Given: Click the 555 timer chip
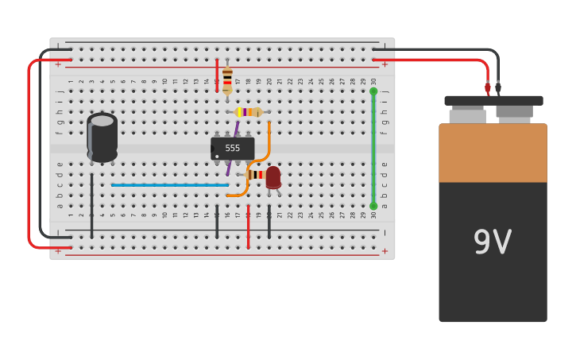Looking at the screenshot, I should tap(232, 149).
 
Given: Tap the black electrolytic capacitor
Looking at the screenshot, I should tap(102, 138).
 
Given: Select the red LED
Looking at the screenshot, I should tap(273, 177).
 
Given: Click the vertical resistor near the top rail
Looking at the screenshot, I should tap(227, 79).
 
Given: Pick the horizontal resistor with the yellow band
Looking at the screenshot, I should tap(248, 112).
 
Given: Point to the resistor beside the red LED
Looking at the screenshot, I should tap(256, 175).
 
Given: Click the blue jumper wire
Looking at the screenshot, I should tap(169, 185).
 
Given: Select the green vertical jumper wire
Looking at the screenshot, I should tap(373, 149).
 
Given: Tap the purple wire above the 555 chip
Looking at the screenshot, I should tap(236, 126).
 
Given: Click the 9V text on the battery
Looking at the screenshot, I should tap(493, 242).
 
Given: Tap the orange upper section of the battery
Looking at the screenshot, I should tap(493, 153).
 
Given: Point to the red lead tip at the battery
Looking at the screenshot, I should tap(488, 87).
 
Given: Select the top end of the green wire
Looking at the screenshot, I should tap(373, 91).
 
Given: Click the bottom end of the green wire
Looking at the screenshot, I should tap(373, 206).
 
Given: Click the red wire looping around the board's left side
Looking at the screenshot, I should tap(29, 151).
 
